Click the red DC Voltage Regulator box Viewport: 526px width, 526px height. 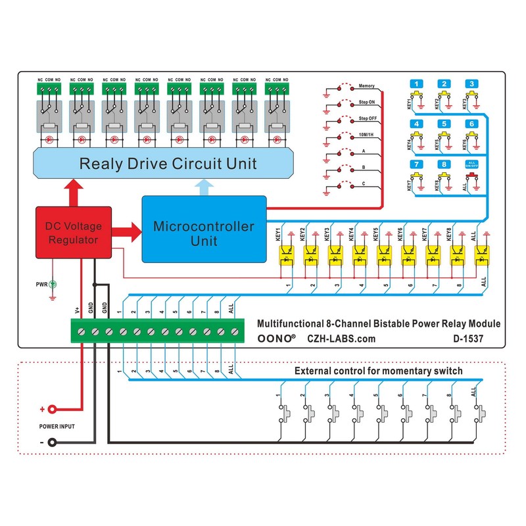(x=73, y=233)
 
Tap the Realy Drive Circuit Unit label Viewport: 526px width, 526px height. (x=168, y=163)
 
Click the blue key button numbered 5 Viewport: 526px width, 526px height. (x=445, y=123)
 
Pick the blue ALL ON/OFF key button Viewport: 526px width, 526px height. (x=471, y=164)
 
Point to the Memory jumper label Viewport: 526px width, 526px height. (x=366, y=86)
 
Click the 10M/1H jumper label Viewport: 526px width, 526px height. (x=367, y=134)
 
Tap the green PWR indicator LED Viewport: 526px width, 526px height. (x=53, y=284)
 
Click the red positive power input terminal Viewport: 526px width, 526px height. (x=51, y=409)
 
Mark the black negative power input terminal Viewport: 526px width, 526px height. (x=51, y=442)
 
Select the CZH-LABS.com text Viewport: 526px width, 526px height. (x=341, y=339)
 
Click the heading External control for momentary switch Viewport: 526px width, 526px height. (x=378, y=371)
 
